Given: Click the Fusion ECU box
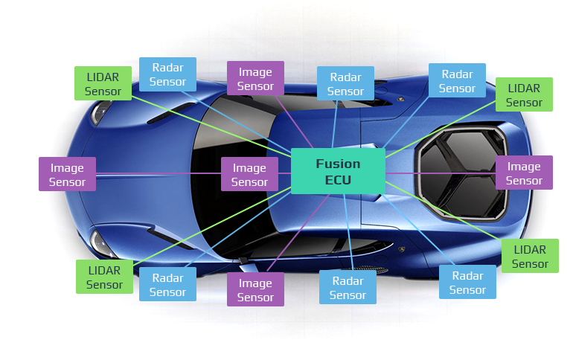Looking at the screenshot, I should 338,171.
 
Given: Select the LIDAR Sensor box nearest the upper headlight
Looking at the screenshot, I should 103,83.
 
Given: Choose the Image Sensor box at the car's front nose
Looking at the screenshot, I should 67,174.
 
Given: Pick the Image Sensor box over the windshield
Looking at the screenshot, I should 249,174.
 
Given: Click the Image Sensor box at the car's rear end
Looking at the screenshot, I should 524,173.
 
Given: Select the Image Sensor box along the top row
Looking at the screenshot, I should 255,79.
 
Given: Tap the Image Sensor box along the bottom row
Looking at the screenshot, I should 255,289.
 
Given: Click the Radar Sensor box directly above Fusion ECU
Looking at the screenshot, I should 345,84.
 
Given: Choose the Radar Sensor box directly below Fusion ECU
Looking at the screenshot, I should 348,287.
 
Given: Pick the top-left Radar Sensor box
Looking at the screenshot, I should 167,74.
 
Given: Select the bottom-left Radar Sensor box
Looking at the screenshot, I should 167,284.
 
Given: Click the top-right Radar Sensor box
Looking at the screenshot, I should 457,80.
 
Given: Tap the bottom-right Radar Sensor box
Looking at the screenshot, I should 467,282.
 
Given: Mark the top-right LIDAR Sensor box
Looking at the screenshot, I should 524,94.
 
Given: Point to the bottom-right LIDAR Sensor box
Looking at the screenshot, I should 530,256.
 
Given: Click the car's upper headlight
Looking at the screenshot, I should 102,112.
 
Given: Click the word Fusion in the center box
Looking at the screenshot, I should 338,164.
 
